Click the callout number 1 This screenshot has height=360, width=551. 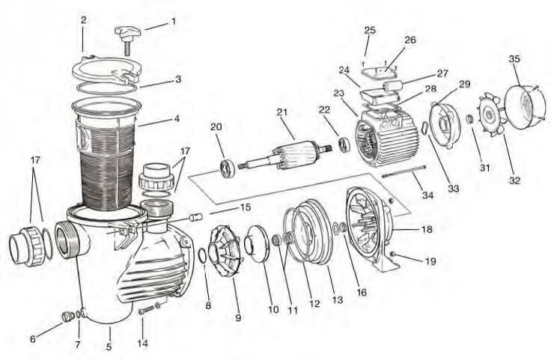174,22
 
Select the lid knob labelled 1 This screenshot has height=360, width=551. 128,33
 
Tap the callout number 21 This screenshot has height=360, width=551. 281,112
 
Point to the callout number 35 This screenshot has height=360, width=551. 514,58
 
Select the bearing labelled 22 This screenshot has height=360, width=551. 344,143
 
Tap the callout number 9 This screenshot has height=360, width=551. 238,318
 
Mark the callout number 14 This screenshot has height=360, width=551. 142,344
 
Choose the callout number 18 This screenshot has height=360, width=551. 427,230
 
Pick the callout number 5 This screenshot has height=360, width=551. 109,347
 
